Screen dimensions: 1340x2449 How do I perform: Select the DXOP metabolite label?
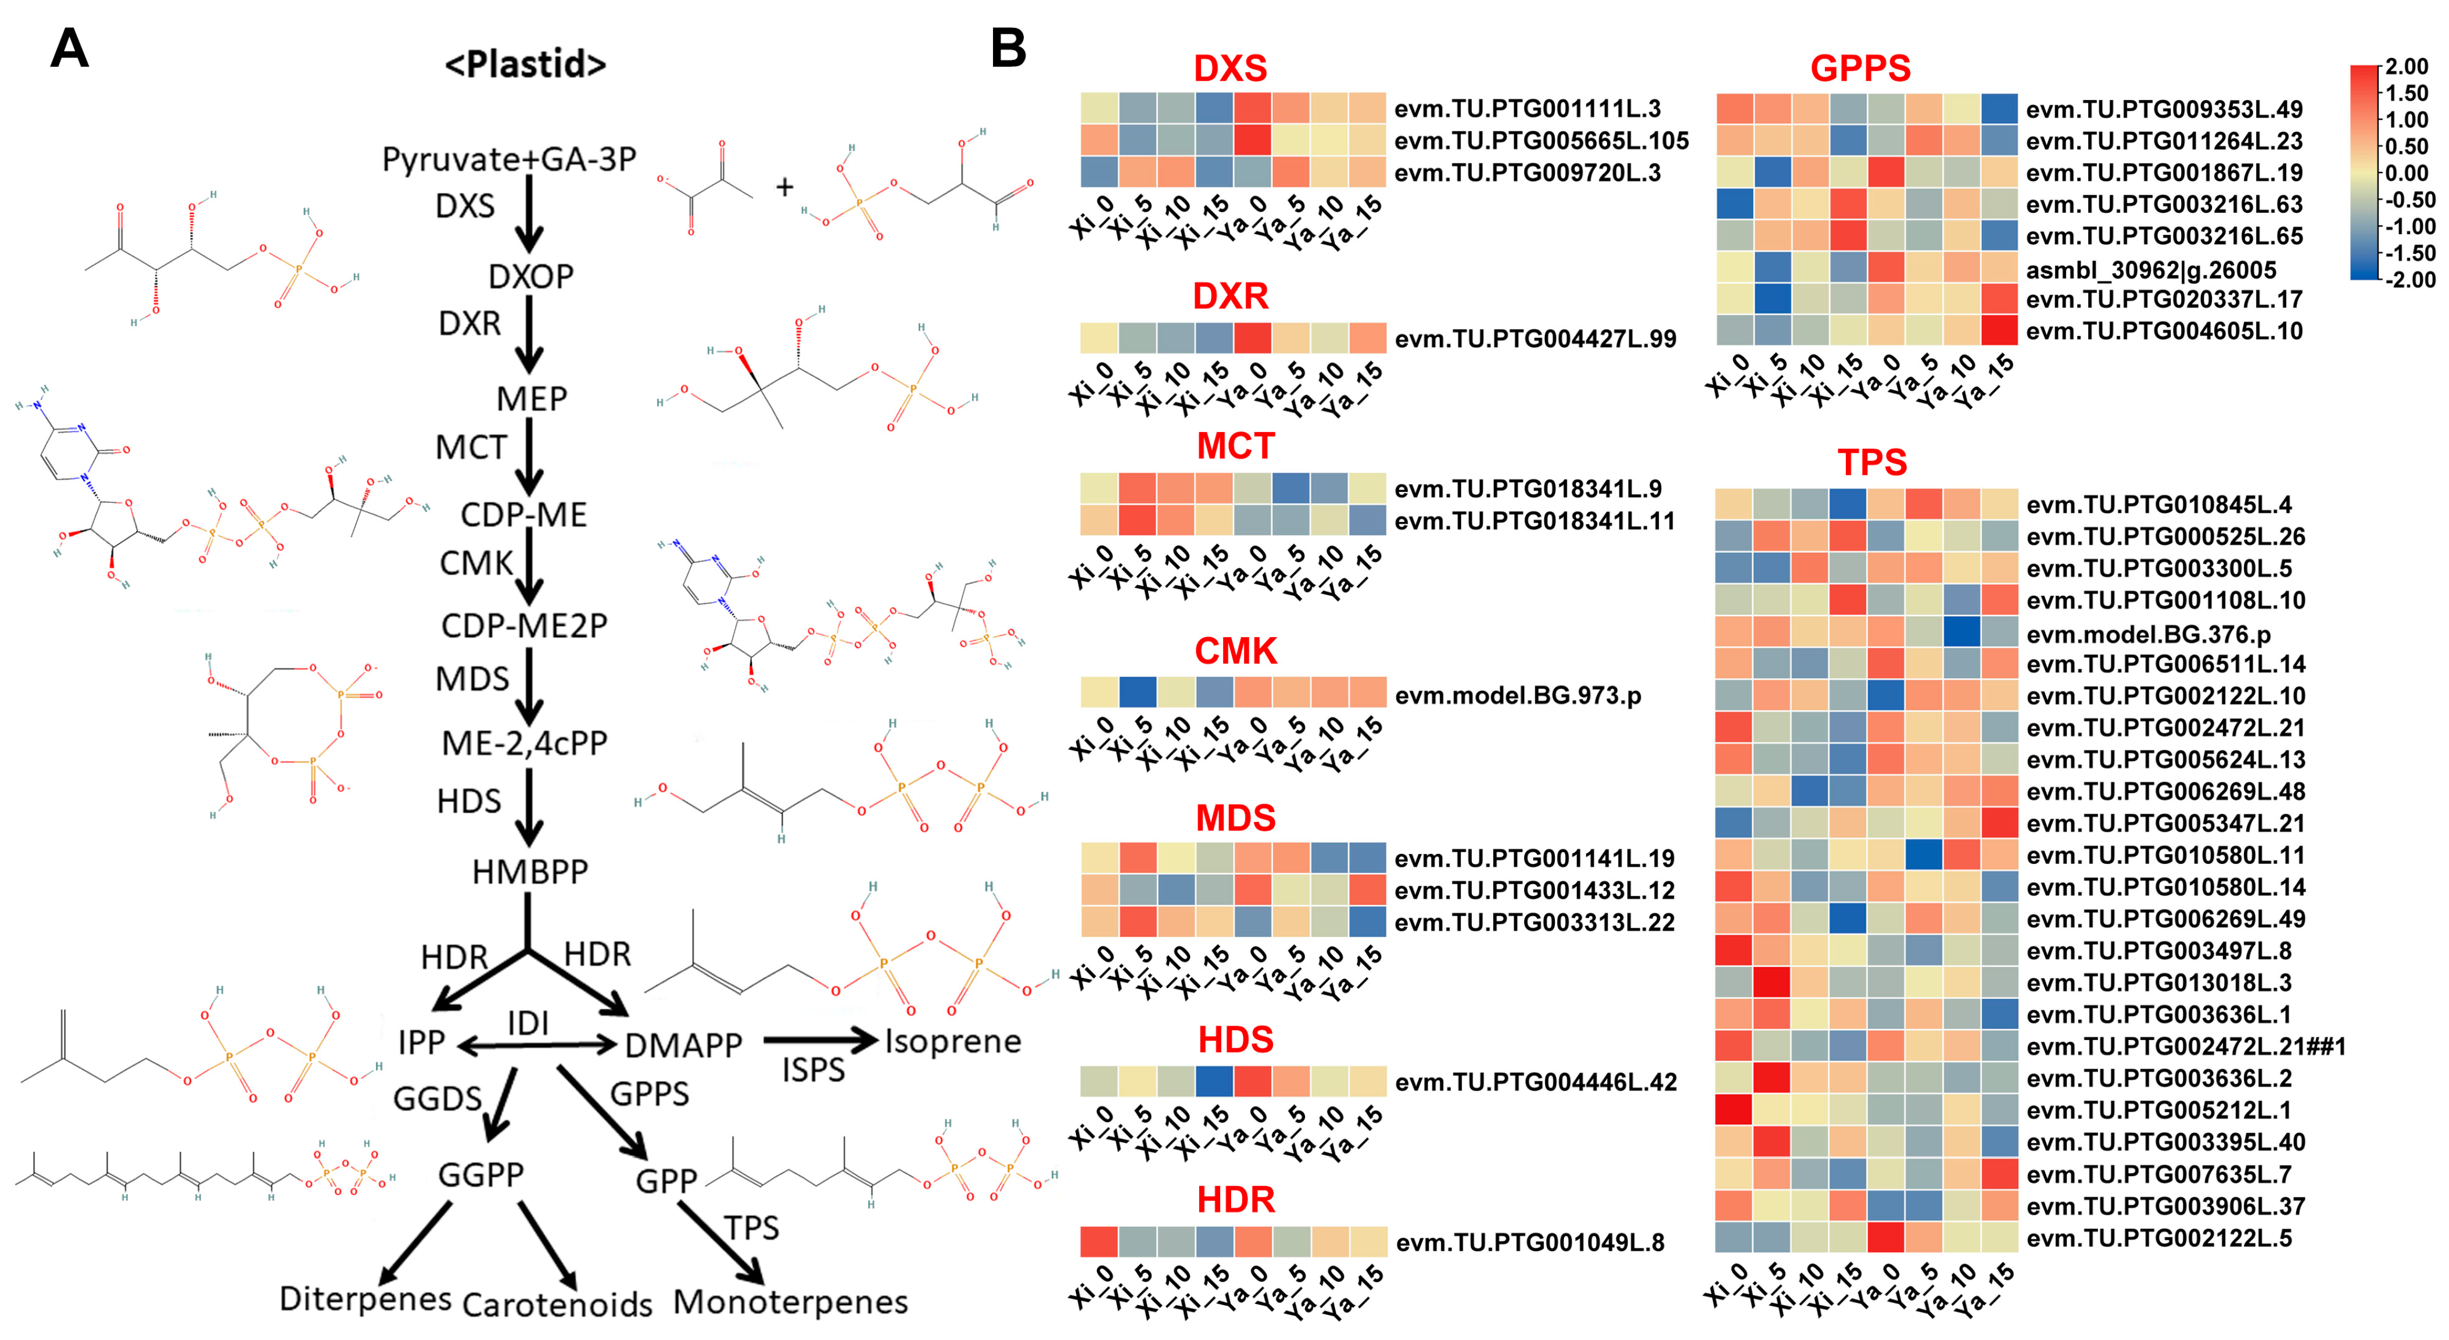click(530, 277)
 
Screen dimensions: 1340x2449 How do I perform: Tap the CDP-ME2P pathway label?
click(524, 626)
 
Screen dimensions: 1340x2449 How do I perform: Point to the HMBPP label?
click(529, 871)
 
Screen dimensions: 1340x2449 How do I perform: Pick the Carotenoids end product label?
click(557, 1305)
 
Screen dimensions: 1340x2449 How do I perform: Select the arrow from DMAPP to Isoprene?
click(819, 1041)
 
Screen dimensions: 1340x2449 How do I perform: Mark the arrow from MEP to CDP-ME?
click(529, 456)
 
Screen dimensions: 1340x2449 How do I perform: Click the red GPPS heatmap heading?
click(1860, 69)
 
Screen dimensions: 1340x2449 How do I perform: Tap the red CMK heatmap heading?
click(1235, 652)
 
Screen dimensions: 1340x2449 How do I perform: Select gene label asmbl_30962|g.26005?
click(2150, 270)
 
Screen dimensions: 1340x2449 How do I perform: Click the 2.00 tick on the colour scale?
click(2406, 67)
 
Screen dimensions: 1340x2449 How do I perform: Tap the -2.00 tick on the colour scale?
click(2406, 280)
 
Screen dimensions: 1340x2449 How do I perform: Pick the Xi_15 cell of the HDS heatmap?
click(1214, 1081)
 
